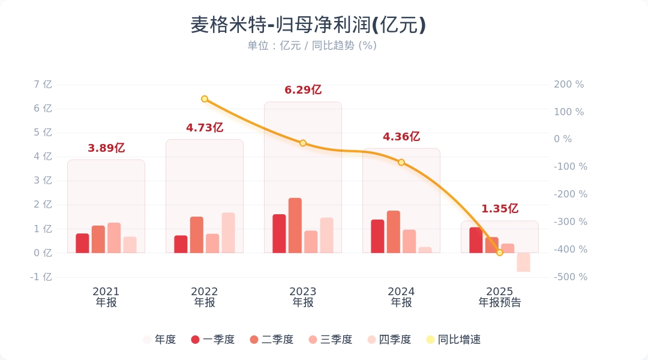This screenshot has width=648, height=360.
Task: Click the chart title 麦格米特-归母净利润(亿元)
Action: tap(308, 25)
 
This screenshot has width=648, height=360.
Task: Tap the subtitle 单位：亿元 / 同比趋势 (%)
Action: tap(312, 46)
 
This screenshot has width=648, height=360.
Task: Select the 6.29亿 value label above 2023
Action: tap(303, 90)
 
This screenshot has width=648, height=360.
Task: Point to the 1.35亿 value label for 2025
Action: tap(500, 209)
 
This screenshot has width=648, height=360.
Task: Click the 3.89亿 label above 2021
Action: tap(106, 148)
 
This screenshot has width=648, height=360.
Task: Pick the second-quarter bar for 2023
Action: tap(295, 226)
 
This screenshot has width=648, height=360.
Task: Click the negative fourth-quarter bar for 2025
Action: tap(523, 262)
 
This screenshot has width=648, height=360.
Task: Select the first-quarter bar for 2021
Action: tap(82, 243)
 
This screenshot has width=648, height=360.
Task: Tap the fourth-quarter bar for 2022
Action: tap(229, 233)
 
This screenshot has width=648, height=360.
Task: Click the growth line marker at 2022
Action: tap(205, 99)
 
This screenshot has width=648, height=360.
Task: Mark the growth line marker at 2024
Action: tap(401, 163)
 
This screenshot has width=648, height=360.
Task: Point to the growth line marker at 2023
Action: tap(303, 143)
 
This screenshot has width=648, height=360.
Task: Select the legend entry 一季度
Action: tap(213, 340)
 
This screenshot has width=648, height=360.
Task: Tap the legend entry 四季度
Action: tap(389, 340)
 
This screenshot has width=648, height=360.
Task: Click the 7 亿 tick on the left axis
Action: tap(44, 85)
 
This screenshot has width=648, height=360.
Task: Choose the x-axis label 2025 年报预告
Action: tap(500, 297)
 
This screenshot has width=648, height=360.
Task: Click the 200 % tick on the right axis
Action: tap(568, 85)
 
